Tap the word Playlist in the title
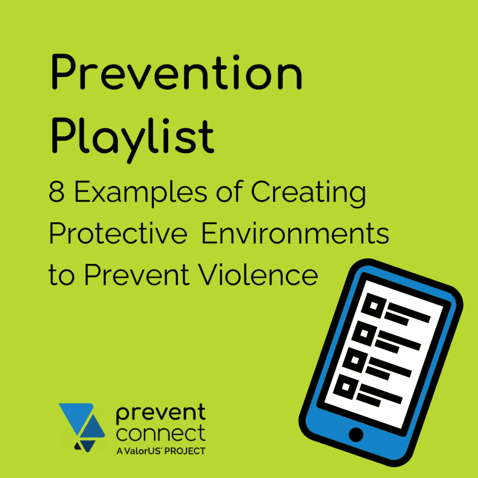tap(132, 135)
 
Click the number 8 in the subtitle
tap(56, 193)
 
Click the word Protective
tap(118, 234)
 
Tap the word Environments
tap(295, 234)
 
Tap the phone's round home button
tap(356, 435)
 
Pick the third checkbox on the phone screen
tap(356, 360)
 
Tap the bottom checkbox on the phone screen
tap(347, 387)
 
